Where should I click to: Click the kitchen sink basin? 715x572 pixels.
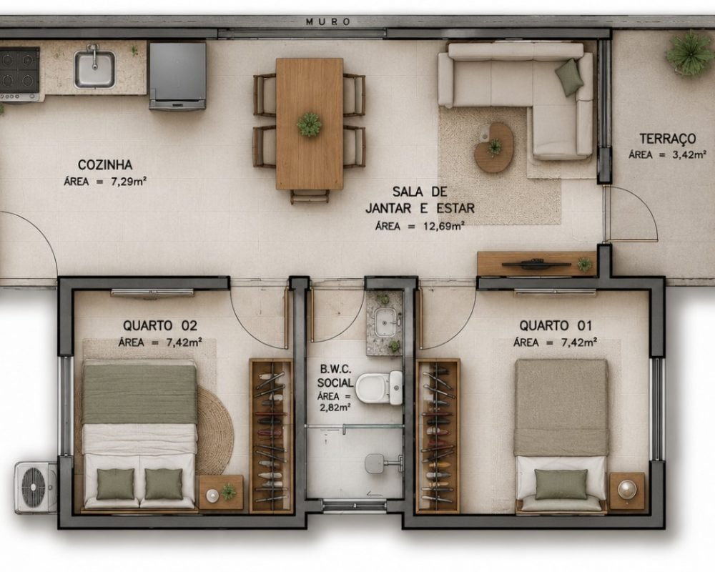click(x=94, y=69)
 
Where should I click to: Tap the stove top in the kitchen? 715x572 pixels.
click(x=19, y=73)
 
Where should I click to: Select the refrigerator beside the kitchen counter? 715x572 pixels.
click(x=177, y=76)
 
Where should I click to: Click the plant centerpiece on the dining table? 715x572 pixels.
click(x=310, y=124)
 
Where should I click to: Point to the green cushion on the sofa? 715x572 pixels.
click(x=570, y=77)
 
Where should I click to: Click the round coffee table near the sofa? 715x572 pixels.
click(x=494, y=147)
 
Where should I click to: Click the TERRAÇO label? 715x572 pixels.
click(x=668, y=138)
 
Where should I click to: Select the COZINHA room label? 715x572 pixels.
click(x=105, y=164)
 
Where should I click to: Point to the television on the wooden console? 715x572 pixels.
click(x=536, y=264)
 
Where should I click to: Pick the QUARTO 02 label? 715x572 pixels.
click(x=160, y=326)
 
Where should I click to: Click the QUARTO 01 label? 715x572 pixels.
click(x=556, y=326)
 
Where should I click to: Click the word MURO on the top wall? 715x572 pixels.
click(x=328, y=21)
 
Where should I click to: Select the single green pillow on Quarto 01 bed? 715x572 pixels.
click(x=561, y=485)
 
